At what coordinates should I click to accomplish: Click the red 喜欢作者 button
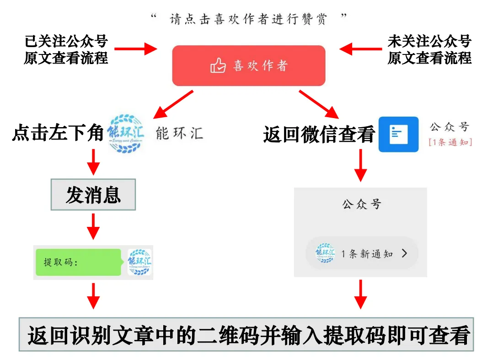point(248,65)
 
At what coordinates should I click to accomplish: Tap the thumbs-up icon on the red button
point(218,66)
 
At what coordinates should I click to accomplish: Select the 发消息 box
point(93,195)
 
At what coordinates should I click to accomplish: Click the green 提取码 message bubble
point(78,263)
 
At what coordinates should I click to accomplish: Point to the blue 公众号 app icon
point(398,134)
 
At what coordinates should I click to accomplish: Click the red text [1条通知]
point(450,142)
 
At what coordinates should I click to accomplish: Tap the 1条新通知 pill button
point(362,253)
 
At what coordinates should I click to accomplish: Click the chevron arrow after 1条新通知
point(404,253)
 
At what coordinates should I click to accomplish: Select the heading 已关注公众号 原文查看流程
point(66,49)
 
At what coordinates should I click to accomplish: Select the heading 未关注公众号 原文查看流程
point(429,49)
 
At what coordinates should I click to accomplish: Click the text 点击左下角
point(58,134)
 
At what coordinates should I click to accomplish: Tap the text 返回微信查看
point(319,135)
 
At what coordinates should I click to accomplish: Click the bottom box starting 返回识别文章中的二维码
point(246,335)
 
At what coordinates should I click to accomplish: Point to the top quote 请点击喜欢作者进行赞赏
point(249,19)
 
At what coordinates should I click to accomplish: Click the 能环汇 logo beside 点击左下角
point(125,133)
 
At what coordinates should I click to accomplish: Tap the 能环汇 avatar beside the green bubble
point(139,263)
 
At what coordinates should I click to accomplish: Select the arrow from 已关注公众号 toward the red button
point(135,48)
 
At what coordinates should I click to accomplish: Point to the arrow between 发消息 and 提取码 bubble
point(93,226)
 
